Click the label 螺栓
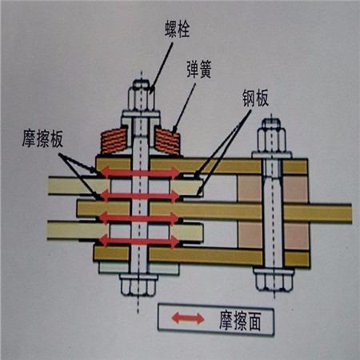point(177,29)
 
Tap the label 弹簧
point(199,70)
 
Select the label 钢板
point(255,98)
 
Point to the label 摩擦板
point(42,138)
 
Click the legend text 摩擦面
point(240,321)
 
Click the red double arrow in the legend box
point(188,318)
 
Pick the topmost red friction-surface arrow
point(141,173)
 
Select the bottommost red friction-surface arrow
point(140,242)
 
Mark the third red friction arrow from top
point(139,218)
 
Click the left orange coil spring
point(114,141)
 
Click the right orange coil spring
point(167,141)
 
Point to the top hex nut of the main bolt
point(142,95)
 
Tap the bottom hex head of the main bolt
point(138,285)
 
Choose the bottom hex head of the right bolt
point(274,280)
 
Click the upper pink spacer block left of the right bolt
point(250,189)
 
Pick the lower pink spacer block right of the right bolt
point(296,236)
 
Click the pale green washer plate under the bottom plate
point(138,268)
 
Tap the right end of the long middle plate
point(351,214)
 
